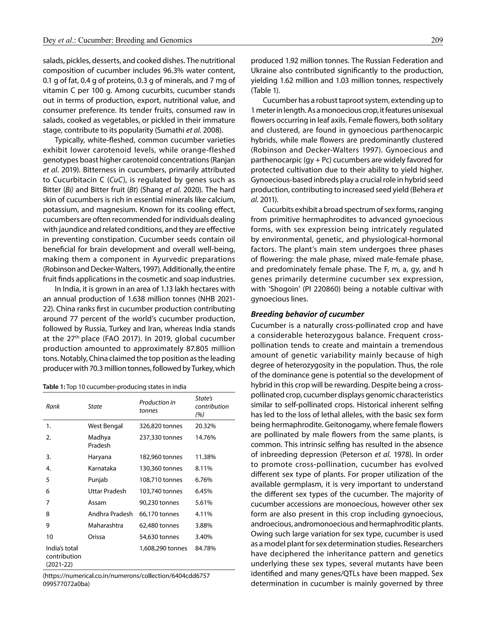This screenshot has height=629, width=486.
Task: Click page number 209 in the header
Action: click(x=437, y=40)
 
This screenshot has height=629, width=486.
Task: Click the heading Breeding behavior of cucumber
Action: click(x=307, y=314)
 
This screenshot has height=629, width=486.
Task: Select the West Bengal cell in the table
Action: click(x=105, y=426)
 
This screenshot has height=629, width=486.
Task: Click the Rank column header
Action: click(x=53, y=406)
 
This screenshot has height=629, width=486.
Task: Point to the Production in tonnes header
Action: click(x=157, y=406)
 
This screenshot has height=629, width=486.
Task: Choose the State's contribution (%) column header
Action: click(x=212, y=406)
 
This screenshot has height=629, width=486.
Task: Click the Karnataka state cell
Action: click(x=102, y=468)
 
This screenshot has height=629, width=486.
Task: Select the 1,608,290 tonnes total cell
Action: click(x=163, y=548)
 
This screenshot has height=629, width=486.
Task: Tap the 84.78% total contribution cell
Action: click(x=205, y=548)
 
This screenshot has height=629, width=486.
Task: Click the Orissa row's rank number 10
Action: click(x=50, y=537)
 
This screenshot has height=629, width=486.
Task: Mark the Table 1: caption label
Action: click(x=54, y=387)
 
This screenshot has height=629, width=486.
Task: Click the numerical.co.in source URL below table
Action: click(x=126, y=576)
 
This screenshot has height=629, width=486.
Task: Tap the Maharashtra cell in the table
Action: click(x=105, y=525)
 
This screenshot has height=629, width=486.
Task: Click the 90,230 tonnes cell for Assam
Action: click(x=159, y=502)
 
